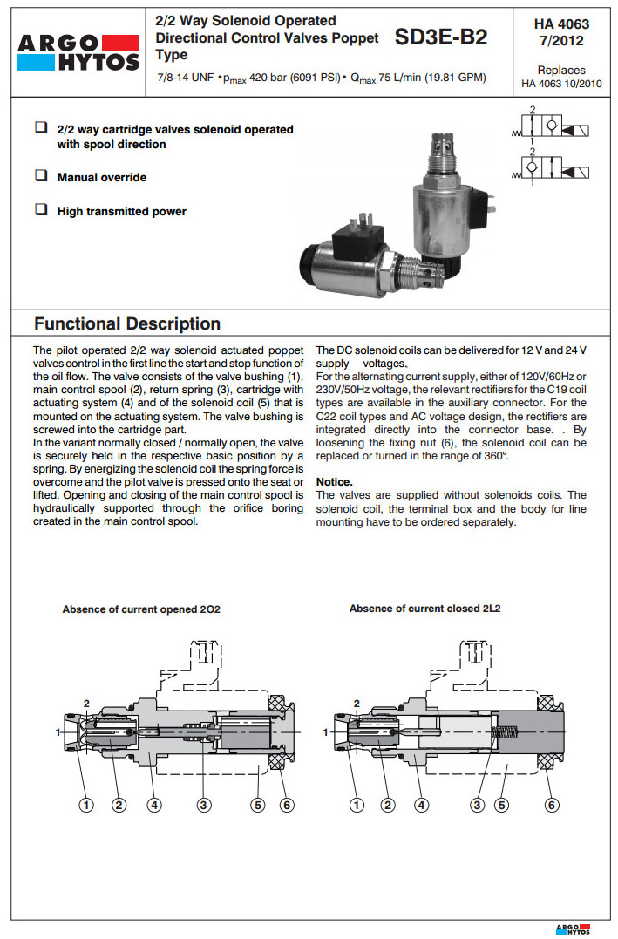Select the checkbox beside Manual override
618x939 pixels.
pos(41,176)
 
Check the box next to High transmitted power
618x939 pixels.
pos(41,210)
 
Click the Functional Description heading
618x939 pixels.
pos(127,324)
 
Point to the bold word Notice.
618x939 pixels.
pos(334,482)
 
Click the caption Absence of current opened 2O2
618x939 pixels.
pos(141,609)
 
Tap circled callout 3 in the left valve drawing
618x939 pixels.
pos(204,806)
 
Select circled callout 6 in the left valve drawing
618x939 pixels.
pos(286,806)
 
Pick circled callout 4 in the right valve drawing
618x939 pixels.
pos(422,806)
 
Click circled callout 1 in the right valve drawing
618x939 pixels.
pos(356,806)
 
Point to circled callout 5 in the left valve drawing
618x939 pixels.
pos(257,806)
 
